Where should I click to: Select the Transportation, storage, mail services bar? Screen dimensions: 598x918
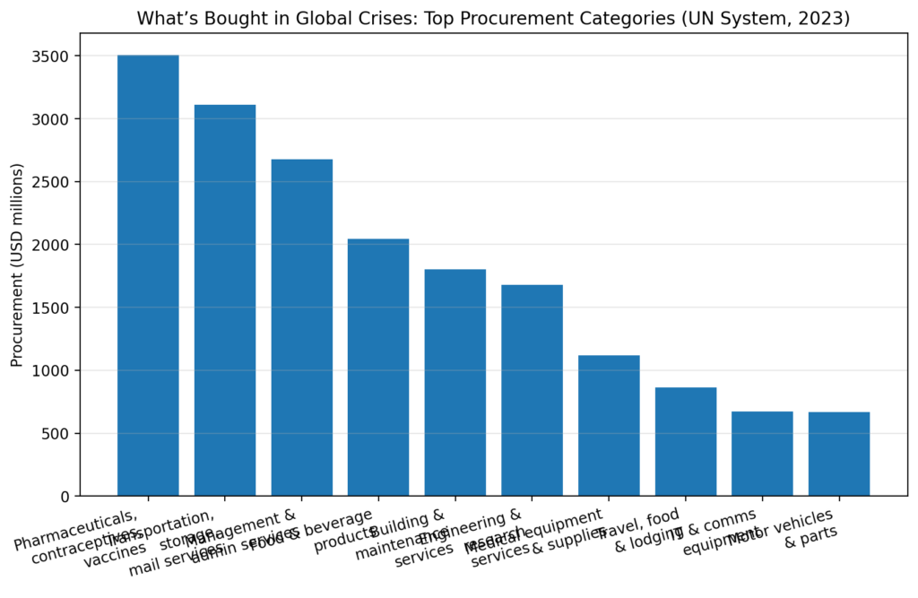coord(225,300)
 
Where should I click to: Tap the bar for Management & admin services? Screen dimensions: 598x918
coord(302,327)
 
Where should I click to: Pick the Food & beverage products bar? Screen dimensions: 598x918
coord(378,367)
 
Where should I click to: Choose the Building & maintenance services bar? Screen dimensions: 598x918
coord(455,382)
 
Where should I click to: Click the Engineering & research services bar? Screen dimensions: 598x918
coord(532,390)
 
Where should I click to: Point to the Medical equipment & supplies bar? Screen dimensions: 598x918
coord(609,425)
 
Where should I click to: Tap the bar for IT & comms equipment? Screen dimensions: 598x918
coord(762,454)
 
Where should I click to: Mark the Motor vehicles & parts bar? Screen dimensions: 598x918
coord(839,454)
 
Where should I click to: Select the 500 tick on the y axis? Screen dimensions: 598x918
coord(56,433)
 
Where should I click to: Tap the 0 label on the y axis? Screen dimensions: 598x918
coord(65,496)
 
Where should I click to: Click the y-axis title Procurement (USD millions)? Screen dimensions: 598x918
coord(16,264)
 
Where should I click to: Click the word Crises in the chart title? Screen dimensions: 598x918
coord(353,18)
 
